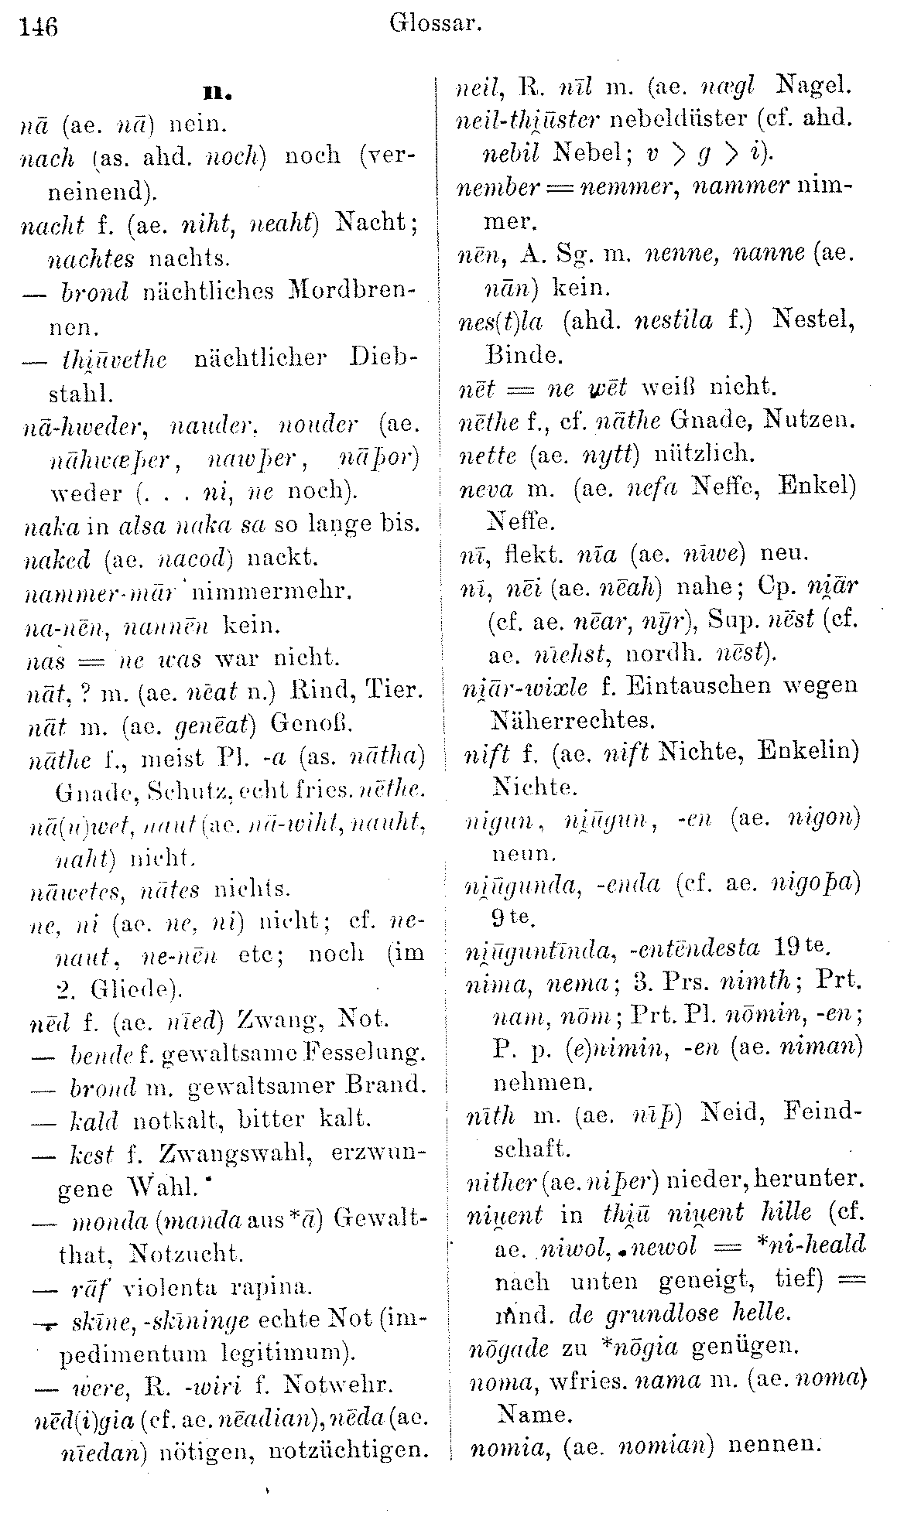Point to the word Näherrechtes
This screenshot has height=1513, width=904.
tap(573, 720)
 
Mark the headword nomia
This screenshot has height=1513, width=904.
tap(501, 1443)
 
